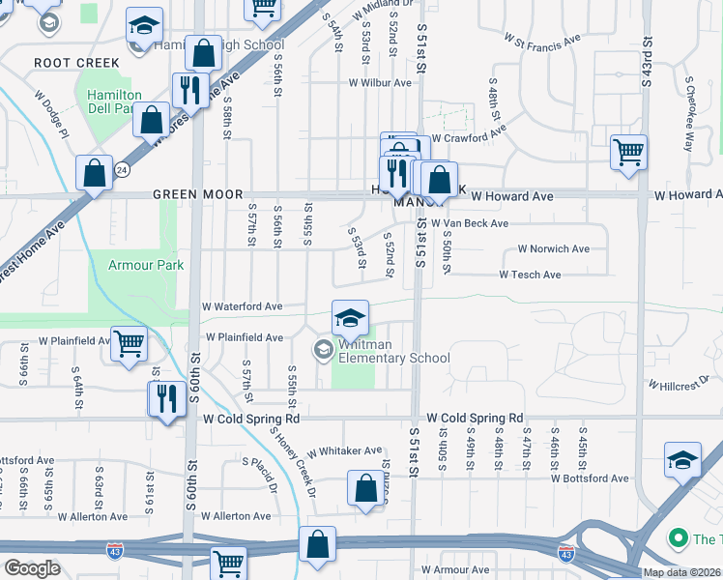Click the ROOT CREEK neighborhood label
click(x=76, y=63)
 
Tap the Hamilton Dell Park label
click(x=114, y=101)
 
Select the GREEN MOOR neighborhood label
click(x=197, y=195)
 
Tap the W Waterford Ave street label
click(x=242, y=306)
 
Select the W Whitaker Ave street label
click(x=344, y=451)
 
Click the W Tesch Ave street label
click(x=530, y=275)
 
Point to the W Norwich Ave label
click(x=553, y=249)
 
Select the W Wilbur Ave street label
click(x=381, y=83)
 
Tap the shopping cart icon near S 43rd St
click(x=628, y=152)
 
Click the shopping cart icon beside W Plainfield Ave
click(x=129, y=342)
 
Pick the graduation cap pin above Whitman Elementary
click(x=350, y=316)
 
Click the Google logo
click(x=31, y=568)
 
